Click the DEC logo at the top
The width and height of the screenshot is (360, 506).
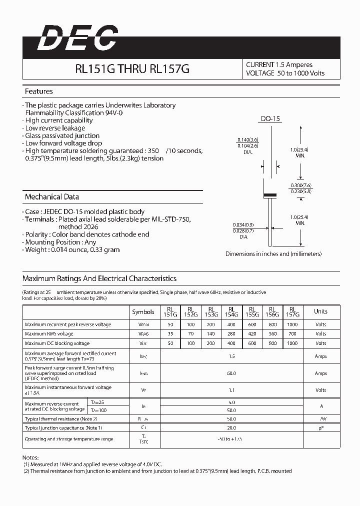[77, 38]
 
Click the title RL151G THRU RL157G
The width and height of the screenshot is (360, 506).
[132, 69]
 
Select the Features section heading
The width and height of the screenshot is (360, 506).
[38, 91]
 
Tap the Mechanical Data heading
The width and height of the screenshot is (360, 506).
[51, 196]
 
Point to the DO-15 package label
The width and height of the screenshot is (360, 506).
[270, 119]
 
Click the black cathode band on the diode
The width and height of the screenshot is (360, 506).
[270, 194]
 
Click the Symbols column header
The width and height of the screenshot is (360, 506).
[143, 311]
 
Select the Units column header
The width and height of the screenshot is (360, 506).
[320, 311]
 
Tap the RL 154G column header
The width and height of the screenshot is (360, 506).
[231, 312]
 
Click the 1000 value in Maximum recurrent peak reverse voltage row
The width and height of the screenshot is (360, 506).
[292, 324]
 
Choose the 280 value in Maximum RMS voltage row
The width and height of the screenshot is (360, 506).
[231, 334]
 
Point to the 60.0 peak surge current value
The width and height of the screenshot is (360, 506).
[231, 373]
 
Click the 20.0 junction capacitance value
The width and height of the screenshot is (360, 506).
[231, 427]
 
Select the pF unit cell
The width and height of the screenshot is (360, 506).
[320, 427]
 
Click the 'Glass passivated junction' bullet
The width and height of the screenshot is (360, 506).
[62, 135]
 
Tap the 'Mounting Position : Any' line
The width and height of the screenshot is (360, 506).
[60, 242]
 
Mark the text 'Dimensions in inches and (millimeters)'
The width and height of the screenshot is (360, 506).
[273, 254]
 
